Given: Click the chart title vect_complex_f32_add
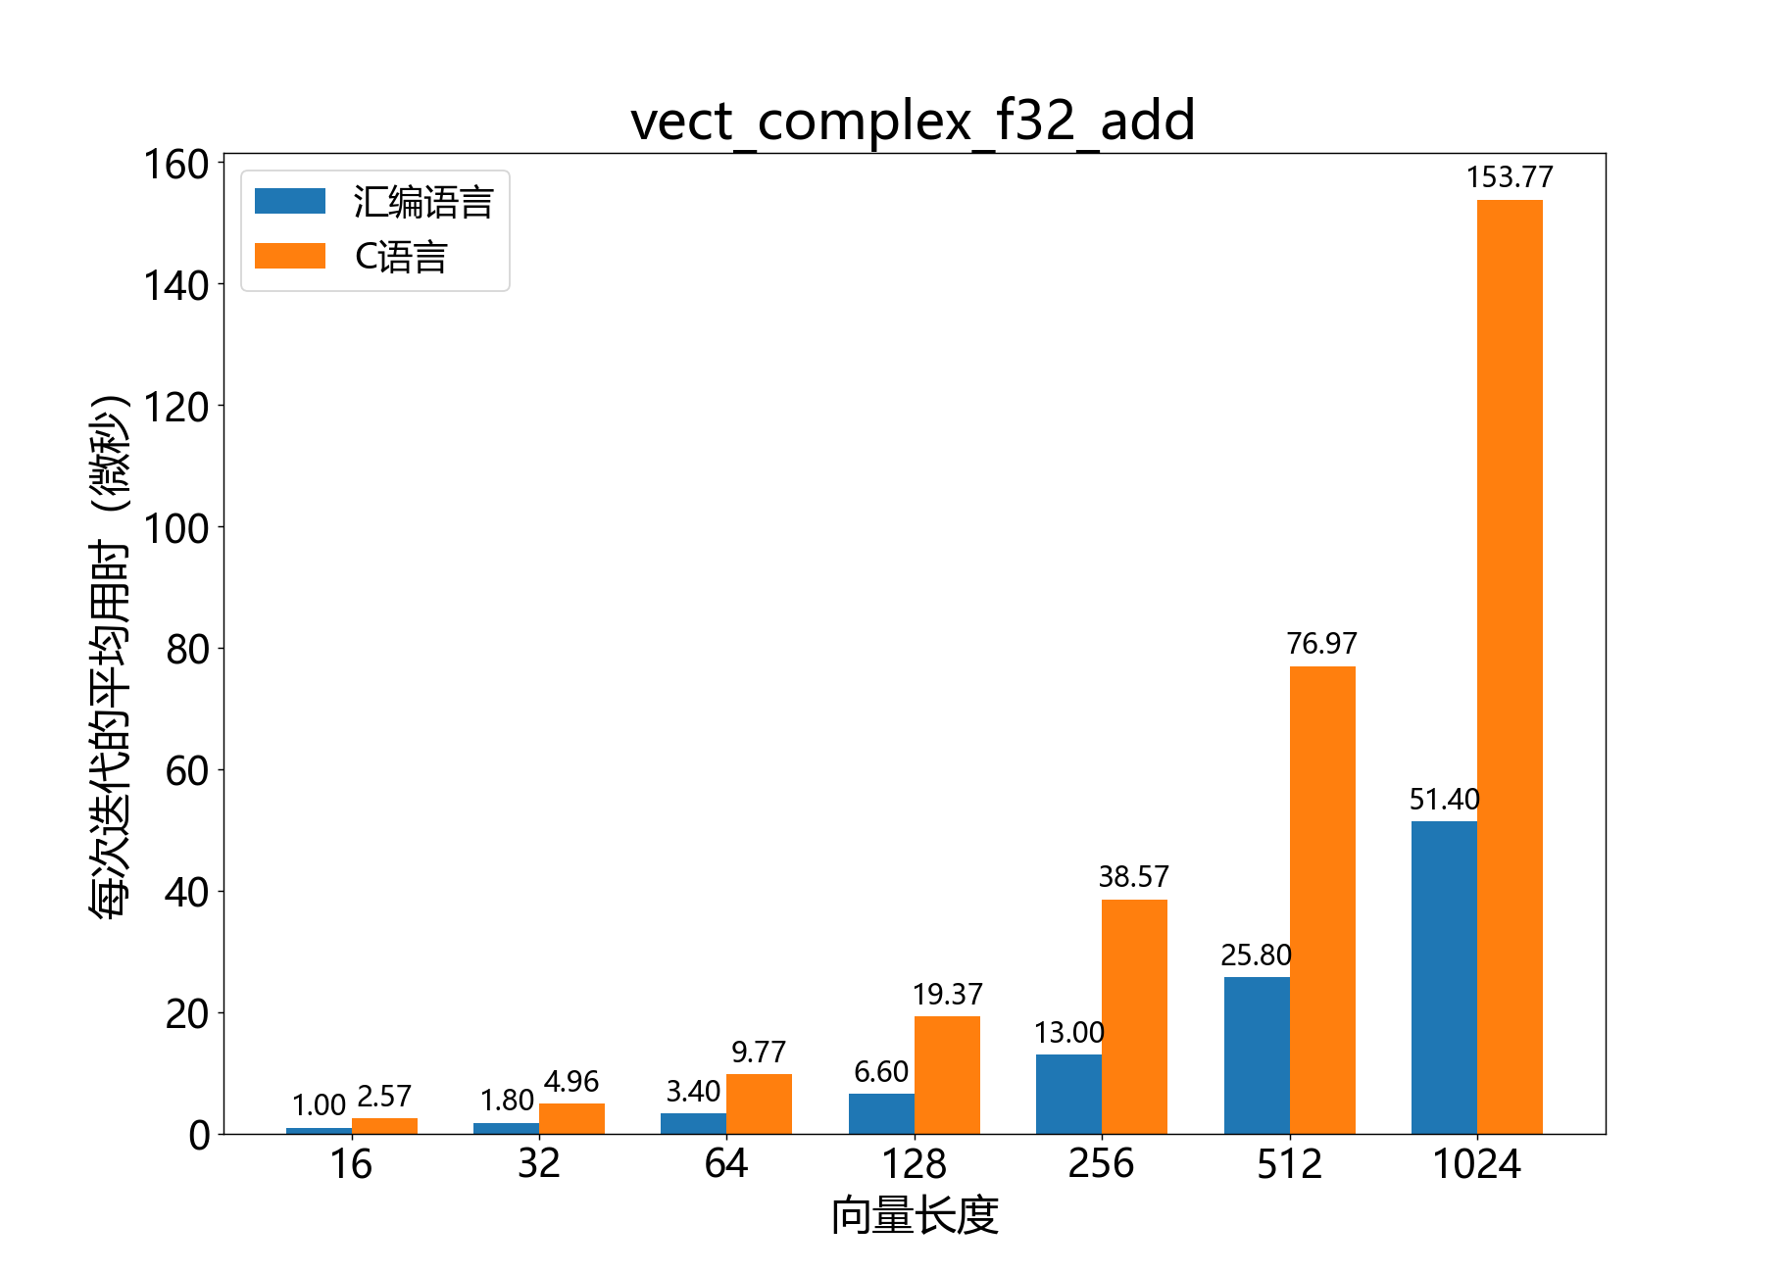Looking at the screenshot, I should tap(913, 122).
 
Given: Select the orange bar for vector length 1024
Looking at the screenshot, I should tap(1510, 666).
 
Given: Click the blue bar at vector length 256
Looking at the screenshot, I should tap(1068, 1094).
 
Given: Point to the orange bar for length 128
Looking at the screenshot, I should tap(947, 1075).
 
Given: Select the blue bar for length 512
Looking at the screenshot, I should tap(1257, 1055).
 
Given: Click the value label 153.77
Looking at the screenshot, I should tap(1510, 177).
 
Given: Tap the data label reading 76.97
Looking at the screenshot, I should tap(1321, 644).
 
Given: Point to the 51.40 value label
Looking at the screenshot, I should tap(1444, 800).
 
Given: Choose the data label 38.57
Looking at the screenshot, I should tap(1133, 877).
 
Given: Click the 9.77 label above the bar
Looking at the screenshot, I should tap(759, 1053).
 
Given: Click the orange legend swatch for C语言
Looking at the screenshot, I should tap(290, 256).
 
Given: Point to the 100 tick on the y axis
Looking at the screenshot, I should tap(176, 529).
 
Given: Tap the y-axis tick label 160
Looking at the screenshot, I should tap(176, 165).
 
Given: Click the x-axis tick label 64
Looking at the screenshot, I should tap(726, 1164).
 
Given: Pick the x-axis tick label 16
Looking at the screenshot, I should tap(351, 1164).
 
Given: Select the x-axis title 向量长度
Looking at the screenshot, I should tap(915, 1216).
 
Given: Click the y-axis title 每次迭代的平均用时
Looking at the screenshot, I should tap(110, 657).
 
